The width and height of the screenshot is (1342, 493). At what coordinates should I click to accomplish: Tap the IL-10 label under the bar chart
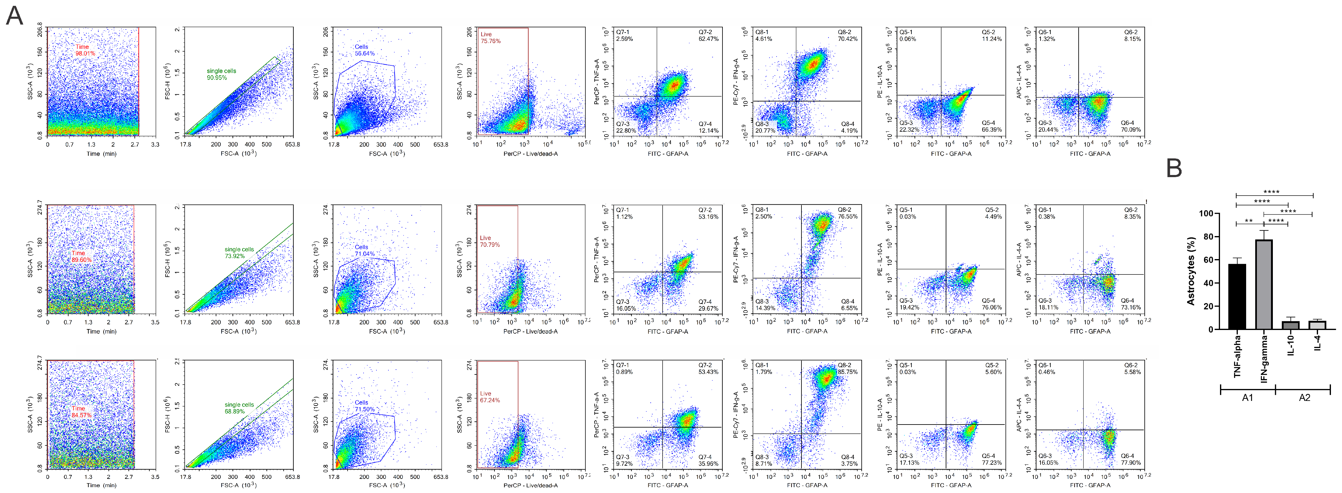(x=1290, y=345)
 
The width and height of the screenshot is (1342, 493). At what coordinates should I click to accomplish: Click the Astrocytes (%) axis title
(x=1190, y=271)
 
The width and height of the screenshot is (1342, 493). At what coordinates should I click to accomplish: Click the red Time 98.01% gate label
(x=85, y=50)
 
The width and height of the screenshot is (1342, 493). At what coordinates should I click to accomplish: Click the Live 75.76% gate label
(x=490, y=37)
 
